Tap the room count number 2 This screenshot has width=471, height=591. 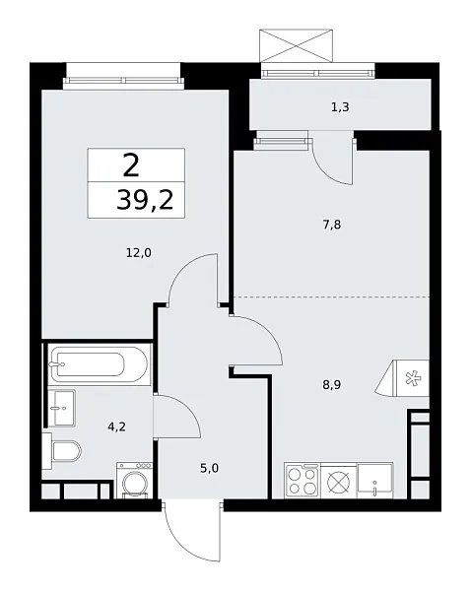click(131, 164)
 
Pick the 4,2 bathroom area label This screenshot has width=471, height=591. click(115, 427)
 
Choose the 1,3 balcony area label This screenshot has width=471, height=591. click(340, 106)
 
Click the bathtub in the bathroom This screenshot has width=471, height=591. click(98, 366)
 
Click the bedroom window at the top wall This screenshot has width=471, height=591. click(123, 78)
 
